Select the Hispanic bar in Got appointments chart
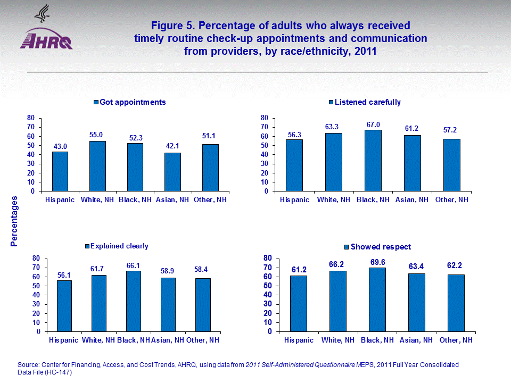click(60, 171)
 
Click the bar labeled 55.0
click(97, 166)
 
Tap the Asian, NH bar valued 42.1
click(172, 172)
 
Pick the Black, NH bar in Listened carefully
click(373, 161)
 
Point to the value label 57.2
click(451, 130)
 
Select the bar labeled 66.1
click(133, 301)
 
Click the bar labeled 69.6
click(377, 299)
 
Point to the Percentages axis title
click(14, 221)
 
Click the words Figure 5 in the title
click(171, 26)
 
